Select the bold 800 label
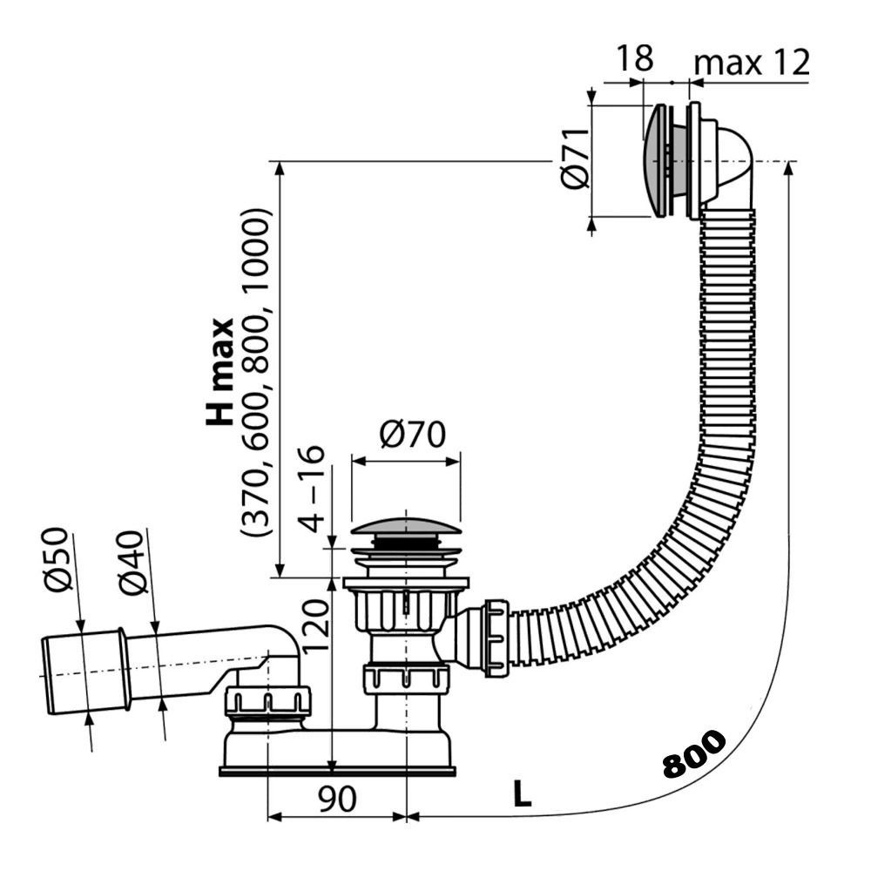click(x=693, y=754)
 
